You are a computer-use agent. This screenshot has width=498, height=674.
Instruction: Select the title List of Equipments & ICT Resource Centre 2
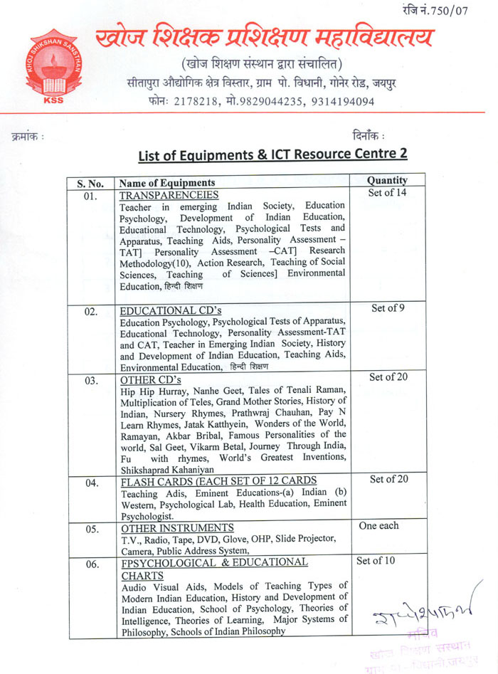pyautogui.click(x=272, y=154)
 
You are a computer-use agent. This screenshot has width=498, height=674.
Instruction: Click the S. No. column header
pyautogui.click(x=90, y=184)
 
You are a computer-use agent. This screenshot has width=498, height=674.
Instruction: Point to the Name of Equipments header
pyautogui.click(x=167, y=183)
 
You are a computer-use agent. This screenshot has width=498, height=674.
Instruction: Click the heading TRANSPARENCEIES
pyautogui.click(x=169, y=195)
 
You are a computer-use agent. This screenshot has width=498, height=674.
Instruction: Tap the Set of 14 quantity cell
pyautogui.click(x=387, y=192)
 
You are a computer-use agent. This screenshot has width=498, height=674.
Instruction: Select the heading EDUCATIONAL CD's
pyautogui.click(x=161, y=310)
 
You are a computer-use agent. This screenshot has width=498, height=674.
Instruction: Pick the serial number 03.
pyautogui.click(x=90, y=381)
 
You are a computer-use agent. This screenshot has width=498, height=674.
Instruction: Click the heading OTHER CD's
pyautogui.click(x=151, y=379)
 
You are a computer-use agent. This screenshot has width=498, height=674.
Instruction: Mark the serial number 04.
pyautogui.click(x=90, y=483)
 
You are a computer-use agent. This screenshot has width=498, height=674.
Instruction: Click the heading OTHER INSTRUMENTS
pyautogui.click(x=177, y=528)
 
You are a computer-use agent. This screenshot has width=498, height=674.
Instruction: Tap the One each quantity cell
pyautogui.click(x=379, y=525)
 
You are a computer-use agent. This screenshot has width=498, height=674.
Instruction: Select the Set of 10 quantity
pyautogui.click(x=375, y=560)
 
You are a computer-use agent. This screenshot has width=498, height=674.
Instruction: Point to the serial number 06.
pyautogui.click(x=90, y=564)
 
